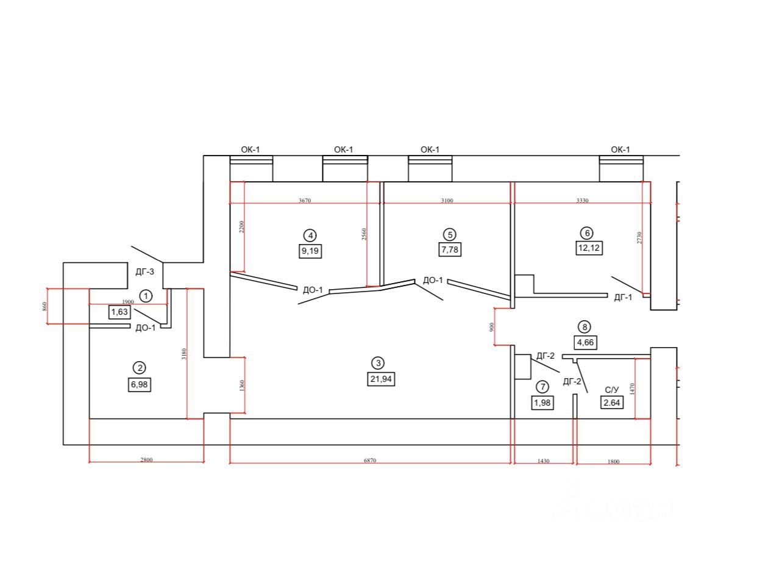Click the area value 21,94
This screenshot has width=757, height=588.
point(378,379)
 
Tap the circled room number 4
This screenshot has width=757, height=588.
point(310,235)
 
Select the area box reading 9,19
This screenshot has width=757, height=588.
point(310,250)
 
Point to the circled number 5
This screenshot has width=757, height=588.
point(449,234)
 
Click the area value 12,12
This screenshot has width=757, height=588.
point(589,248)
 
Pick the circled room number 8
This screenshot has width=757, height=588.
point(585,327)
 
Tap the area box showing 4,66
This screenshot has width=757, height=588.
point(585,342)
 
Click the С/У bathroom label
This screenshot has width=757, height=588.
point(612,389)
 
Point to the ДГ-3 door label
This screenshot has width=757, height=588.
point(145,272)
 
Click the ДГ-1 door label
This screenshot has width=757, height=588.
point(622,298)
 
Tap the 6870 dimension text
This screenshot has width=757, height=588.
point(370,460)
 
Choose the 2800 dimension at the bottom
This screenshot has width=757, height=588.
point(146,460)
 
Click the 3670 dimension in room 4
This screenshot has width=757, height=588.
point(305,200)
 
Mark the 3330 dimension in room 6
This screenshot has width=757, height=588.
point(581,200)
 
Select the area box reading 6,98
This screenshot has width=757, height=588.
point(140,384)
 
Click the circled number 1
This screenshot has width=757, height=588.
point(146,296)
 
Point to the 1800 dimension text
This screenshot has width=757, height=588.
point(613,462)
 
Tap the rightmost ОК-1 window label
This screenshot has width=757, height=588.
point(620,149)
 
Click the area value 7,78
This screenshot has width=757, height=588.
point(449,249)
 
